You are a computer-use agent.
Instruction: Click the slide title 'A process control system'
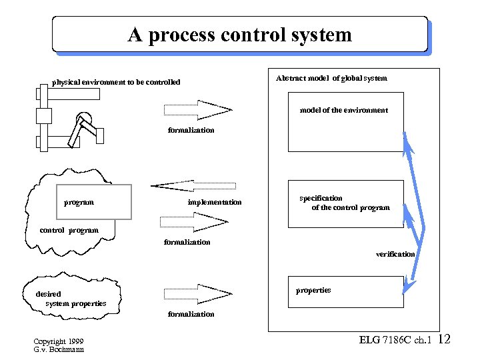click(240, 35)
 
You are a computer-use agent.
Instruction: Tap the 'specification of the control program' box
click(345, 203)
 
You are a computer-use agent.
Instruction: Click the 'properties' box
click(345, 291)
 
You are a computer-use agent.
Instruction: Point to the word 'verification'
click(395, 254)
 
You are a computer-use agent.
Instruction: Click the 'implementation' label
click(215, 202)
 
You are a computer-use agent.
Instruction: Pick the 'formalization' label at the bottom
click(191, 314)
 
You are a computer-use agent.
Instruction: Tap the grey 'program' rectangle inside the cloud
click(94, 201)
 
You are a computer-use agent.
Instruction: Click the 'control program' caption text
click(69, 231)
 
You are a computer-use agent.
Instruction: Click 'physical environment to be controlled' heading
click(116, 83)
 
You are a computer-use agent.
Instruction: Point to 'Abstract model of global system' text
click(331, 79)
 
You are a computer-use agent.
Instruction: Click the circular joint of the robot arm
click(85, 119)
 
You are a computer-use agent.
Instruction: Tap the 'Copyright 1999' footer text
click(59, 341)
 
